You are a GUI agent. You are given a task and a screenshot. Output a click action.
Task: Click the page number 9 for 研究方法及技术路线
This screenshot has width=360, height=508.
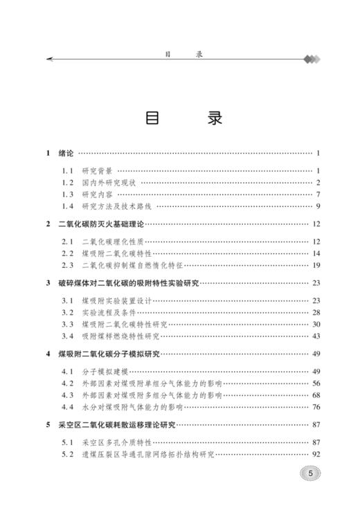pyautogui.click(x=316, y=206)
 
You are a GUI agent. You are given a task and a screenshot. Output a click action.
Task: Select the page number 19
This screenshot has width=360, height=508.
pyautogui.click(x=315, y=265)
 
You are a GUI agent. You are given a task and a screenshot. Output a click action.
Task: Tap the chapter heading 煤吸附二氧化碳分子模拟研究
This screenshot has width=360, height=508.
pyautogui.click(x=109, y=354)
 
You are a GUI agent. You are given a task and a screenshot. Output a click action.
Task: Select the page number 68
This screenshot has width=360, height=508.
pyautogui.click(x=315, y=395)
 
